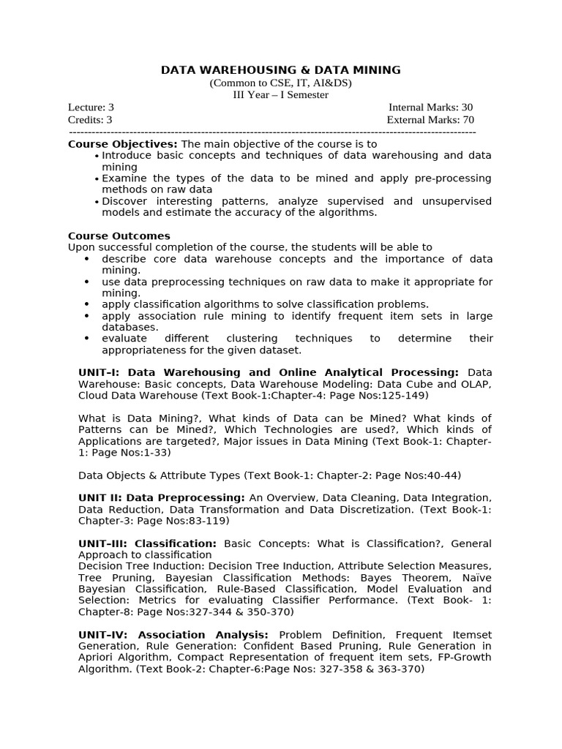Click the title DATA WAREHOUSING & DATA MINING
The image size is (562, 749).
281,70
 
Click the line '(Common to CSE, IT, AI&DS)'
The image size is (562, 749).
281,83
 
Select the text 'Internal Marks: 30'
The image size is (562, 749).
431,108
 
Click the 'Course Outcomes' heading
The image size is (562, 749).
119,236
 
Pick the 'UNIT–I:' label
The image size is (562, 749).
100,372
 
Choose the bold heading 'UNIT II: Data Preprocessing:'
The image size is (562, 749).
162,497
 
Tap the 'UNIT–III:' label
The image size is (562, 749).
103,543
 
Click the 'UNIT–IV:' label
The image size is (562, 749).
104,635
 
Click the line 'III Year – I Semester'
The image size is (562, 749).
281,95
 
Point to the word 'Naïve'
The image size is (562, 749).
476,577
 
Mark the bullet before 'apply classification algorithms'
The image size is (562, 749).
87,304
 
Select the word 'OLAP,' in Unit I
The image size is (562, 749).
475,384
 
